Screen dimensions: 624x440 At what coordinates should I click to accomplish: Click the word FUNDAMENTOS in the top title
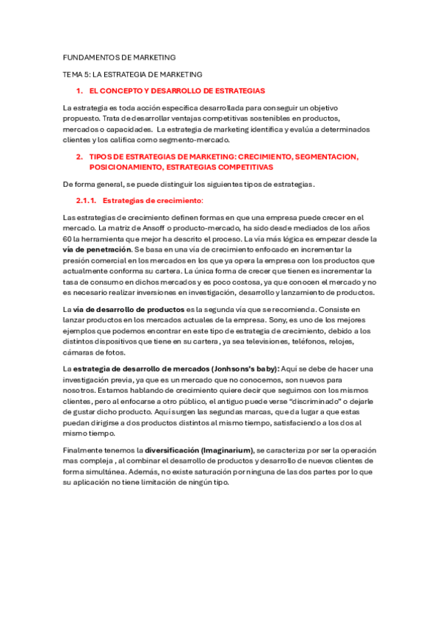(93, 57)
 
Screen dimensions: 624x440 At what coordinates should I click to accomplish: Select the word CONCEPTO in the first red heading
(126, 91)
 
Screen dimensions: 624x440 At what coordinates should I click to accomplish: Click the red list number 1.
(79, 91)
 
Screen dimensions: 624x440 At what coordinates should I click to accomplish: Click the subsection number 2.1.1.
(87, 200)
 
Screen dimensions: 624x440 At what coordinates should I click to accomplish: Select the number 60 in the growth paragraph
(67, 239)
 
